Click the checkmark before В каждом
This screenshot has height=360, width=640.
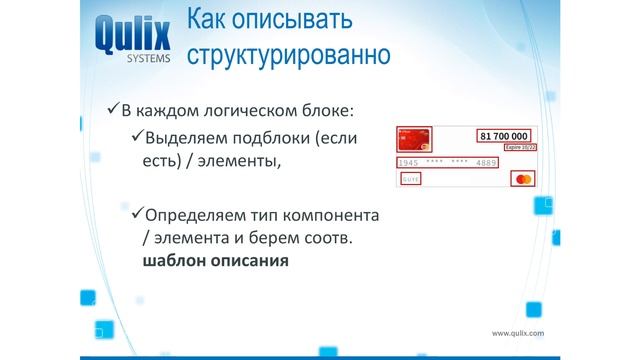tap(113, 109)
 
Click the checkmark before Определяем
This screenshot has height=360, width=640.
tap(137, 214)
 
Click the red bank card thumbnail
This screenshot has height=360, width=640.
tap(414, 140)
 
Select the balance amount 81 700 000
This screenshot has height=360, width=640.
tap(504, 135)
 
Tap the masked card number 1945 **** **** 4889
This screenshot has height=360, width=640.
tap(447, 162)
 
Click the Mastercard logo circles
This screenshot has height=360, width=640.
tap(521, 180)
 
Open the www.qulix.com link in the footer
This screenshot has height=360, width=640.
tap(517, 333)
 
